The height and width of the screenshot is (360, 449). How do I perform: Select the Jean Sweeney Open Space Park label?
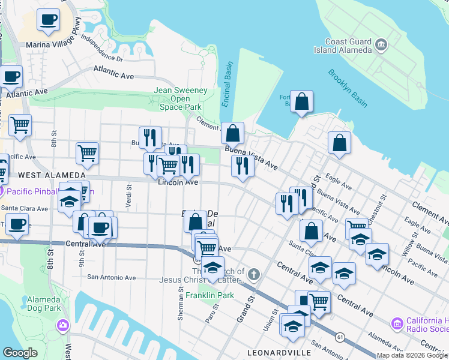(x=181, y=98)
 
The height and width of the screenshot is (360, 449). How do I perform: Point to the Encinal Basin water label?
(x=227, y=84)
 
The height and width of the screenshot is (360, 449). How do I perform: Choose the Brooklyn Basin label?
(x=348, y=88)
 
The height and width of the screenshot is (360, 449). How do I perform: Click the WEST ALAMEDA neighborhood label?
(x=49, y=175)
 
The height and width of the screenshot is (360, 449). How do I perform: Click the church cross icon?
(x=254, y=275)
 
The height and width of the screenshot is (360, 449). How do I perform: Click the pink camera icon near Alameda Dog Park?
(x=62, y=326)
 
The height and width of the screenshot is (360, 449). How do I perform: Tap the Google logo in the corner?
(x=20, y=352)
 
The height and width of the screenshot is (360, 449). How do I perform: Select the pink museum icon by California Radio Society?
(x=397, y=324)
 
